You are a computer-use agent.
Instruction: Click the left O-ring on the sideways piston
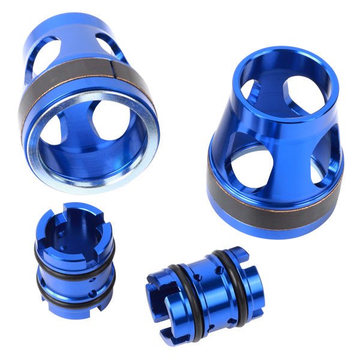186,300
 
